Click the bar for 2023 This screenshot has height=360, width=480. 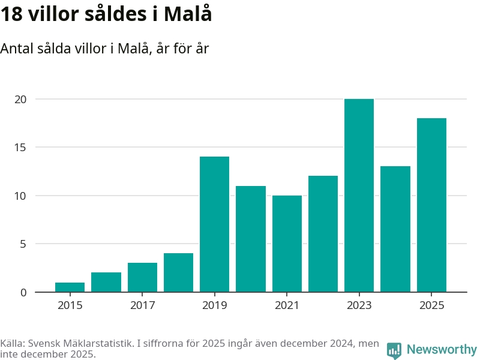pos(359,196)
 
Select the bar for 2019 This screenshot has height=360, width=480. pos(214,224)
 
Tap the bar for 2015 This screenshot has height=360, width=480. pos(70,287)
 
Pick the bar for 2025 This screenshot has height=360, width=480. pos(431,205)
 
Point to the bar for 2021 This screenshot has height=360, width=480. pos(287,244)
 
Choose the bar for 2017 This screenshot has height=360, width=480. pos(142,277)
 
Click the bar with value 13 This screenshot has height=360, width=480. pos(395,229)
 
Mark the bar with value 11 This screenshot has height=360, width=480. pos(251,239)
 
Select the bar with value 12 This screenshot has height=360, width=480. pos(323,234)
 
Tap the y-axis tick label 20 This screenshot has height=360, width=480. pos(20,99)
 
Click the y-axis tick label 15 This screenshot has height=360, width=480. pos(20,148)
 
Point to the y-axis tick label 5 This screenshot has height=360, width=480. pos(23,244)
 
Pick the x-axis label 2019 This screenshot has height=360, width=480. pos(214,305)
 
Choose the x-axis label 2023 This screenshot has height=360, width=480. pos(359,305)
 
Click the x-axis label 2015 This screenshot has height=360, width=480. pos(70,305)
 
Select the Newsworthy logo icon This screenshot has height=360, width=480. pos(394,350)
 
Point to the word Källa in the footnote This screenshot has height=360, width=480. pos(13,344)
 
